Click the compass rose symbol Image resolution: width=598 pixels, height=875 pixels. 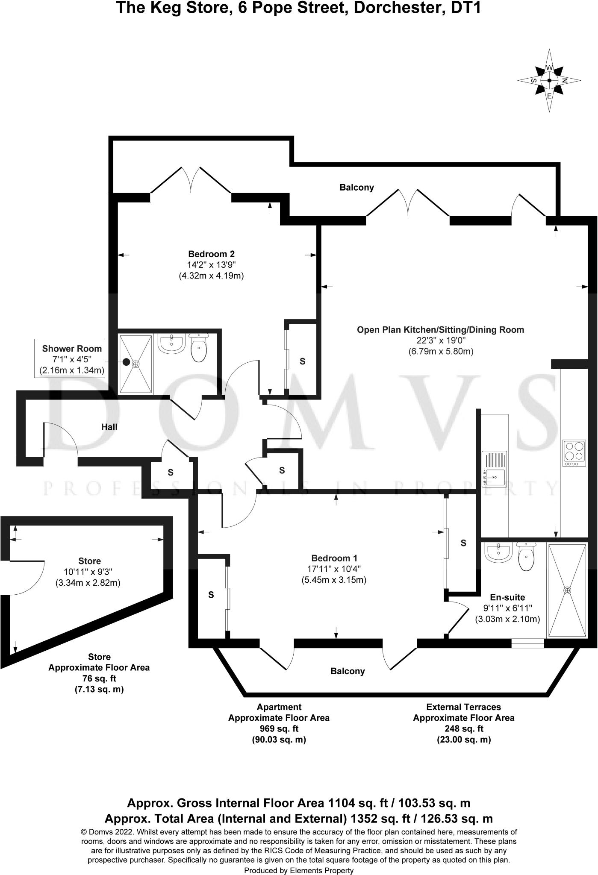coord(549,80)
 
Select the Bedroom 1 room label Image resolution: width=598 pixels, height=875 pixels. coord(334,558)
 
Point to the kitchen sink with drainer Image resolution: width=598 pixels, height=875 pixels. coord(494,469)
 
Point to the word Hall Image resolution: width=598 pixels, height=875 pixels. coord(109,427)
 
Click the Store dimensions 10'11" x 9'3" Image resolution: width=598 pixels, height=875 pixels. coord(88,572)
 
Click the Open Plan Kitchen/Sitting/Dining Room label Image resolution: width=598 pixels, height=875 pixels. coord(440,330)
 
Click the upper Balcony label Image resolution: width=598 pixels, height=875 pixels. coord(357,187)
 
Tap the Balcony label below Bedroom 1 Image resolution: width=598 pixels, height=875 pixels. coord(348,671)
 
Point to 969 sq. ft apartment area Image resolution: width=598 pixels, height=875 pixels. coord(279,729)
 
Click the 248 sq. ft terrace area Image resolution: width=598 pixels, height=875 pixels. coord(463,729)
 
